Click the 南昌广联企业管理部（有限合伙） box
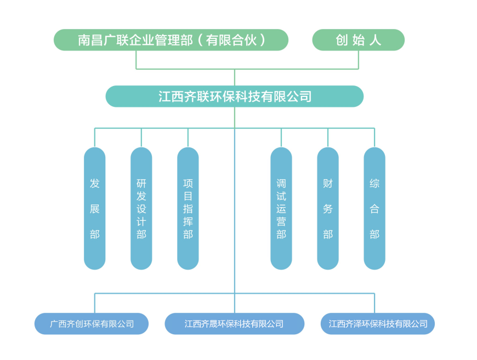(x=171, y=40)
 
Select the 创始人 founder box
(x=358, y=40)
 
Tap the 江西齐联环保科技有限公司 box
(x=235, y=96)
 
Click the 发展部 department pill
(x=95, y=208)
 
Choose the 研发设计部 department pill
(x=141, y=208)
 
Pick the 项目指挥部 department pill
(x=188, y=208)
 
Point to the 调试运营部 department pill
(x=281, y=208)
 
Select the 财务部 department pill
(x=328, y=208)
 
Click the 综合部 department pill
(x=374, y=208)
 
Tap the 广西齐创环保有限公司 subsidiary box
(x=92, y=324)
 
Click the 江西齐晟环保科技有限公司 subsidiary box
(x=234, y=324)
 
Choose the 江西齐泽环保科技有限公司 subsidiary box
(x=378, y=324)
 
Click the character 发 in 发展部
(x=95, y=184)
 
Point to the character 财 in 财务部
(x=328, y=184)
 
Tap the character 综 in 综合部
(x=374, y=184)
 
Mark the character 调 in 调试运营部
(x=281, y=184)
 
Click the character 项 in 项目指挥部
(x=188, y=184)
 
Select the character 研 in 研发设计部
(x=141, y=184)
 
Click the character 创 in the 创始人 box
(x=342, y=40)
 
